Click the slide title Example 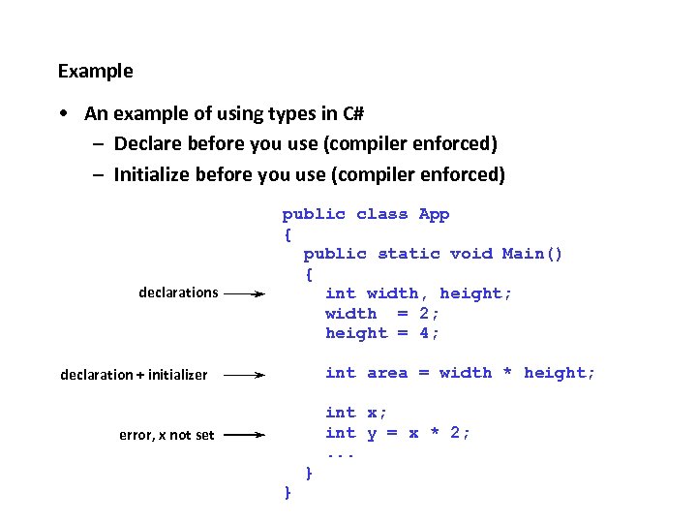click(96, 71)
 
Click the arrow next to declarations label click(243, 292)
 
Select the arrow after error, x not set click(243, 435)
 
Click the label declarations click(178, 292)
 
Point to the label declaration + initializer click(134, 375)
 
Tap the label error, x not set click(167, 435)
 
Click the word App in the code click(434, 214)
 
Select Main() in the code click(531, 254)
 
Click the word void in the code click(470, 254)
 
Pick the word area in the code click(387, 373)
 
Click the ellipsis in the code click(341, 453)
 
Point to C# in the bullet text click(353, 113)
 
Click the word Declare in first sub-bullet click(146, 144)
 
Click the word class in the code click(381, 214)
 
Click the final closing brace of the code click(288, 493)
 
